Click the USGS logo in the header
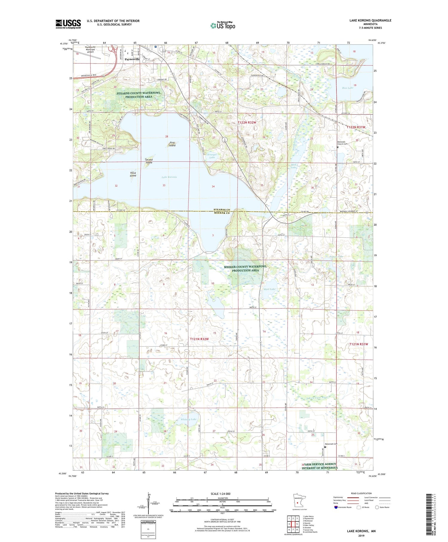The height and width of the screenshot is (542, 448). click(68, 24)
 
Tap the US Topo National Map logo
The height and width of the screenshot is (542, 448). click(223, 25)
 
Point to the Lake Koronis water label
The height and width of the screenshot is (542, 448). click(169, 177)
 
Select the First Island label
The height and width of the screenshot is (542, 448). click(172, 144)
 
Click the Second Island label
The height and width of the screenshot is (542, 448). click(149, 161)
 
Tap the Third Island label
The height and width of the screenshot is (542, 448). click(133, 174)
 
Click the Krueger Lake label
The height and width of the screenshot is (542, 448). click(212, 156)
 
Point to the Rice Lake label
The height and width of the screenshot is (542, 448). click(348, 88)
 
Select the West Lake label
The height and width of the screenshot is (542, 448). click(269, 289)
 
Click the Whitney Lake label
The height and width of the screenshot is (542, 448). click(189, 419)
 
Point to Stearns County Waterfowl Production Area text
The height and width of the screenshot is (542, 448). click(139, 95)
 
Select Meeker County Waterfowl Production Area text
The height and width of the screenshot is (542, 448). click(245, 268)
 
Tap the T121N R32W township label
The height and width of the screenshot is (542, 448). click(199, 339)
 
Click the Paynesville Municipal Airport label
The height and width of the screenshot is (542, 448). click(90, 49)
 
